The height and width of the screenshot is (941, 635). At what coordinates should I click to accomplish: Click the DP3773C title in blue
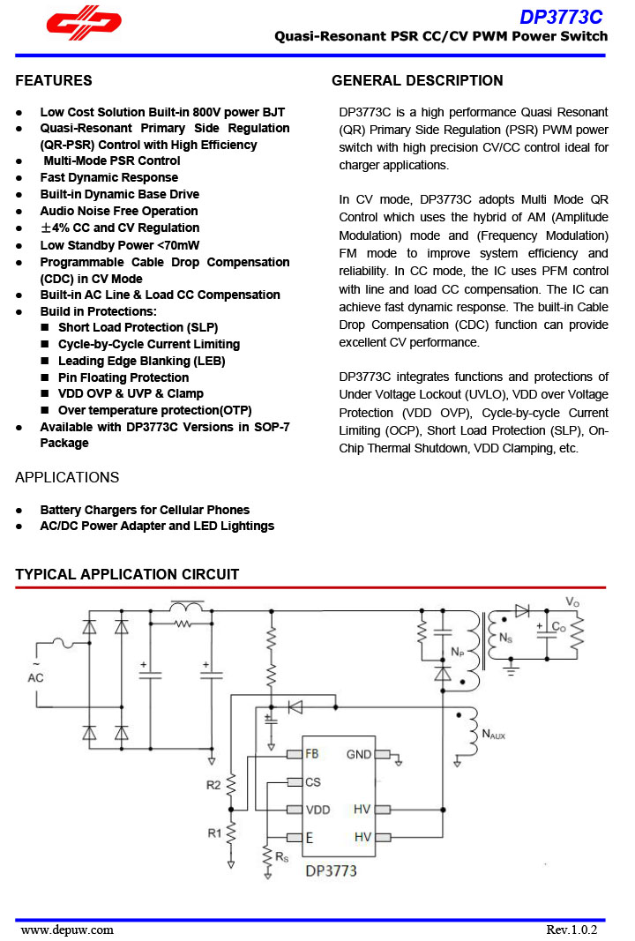pyautogui.click(x=561, y=17)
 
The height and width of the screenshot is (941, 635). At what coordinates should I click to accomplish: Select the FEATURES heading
pyautogui.click(x=54, y=81)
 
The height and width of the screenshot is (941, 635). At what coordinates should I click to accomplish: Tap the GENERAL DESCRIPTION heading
pyautogui.click(x=417, y=81)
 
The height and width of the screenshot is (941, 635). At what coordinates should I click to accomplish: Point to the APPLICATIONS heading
pyautogui.click(x=67, y=477)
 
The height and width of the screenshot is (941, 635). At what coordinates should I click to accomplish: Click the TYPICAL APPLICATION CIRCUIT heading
pyautogui.click(x=127, y=575)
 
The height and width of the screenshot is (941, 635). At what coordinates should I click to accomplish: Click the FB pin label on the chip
pyautogui.click(x=312, y=754)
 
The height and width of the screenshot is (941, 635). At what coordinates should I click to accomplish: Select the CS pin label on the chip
pyautogui.click(x=313, y=781)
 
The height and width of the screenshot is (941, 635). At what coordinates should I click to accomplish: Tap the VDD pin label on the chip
pyautogui.click(x=317, y=810)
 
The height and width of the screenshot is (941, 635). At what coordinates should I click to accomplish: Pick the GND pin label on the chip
pyautogui.click(x=359, y=754)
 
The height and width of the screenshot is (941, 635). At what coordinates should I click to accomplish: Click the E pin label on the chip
pyautogui.click(x=310, y=837)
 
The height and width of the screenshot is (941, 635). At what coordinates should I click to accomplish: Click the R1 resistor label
pyautogui.click(x=213, y=833)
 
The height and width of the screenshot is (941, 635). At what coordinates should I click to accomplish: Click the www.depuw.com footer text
pyautogui.click(x=67, y=930)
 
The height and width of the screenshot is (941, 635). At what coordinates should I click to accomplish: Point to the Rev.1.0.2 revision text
pyautogui.click(x=571, y=930)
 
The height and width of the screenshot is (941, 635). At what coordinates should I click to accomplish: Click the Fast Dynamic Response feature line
pyautogui.click(x=108, y=177)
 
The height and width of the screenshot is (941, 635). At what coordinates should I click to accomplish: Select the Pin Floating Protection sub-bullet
pyautogui.click(x=123, y=377)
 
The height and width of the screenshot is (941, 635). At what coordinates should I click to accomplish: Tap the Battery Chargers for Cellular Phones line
pyautogui.click(x=145, y=510)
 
